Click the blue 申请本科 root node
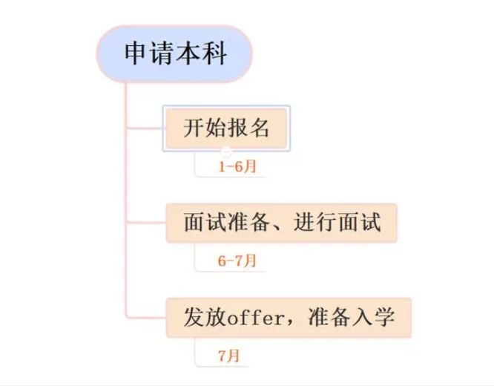pos(174,53)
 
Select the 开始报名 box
pos(226,128)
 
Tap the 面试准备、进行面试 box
pos(281,223)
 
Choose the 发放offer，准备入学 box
pos(289,318)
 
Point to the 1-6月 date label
pos(237,166)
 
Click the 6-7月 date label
pos(237,261)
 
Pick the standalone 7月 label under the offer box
pos(229,356)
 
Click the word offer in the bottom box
pos(255,318)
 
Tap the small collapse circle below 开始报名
pos(226,151)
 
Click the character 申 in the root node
pos(136,54)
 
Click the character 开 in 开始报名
pos(193,128)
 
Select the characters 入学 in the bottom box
pos(373,318)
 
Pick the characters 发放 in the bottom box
pos(205,318)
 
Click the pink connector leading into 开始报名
pos(145,128)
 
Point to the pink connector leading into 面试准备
pos(145,223)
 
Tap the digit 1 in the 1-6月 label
pos(222,167)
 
